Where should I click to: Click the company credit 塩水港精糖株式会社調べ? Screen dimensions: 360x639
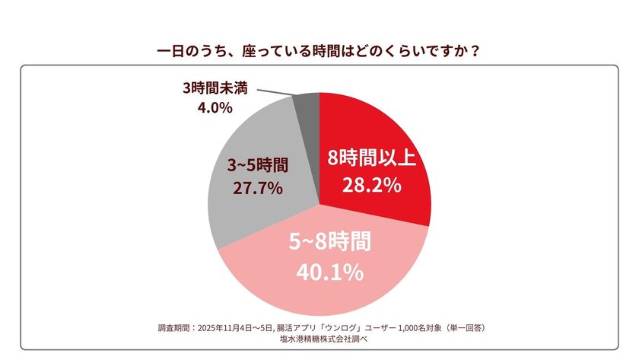tap(319, 339)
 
